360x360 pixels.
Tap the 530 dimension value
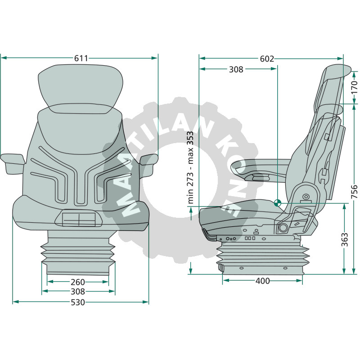pyautogui.click(x=78, y=302)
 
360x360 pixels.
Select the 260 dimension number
pyautogui.click(x=78, y=282)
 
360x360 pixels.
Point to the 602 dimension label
pyautogui.click(x=267, y=58)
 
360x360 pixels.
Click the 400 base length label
pyautogui.click(x=262, y=281)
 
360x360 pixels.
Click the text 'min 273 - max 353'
pyautogui.click(x=191, y=167)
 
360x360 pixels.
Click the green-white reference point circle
pyautogui.click(x=277, y=202)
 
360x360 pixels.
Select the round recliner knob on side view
pyautogui.click(x=283, y=228)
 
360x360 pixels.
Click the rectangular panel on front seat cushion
pyautogui.click(x=79, y=220)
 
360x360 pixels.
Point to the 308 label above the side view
pyautogui.click(x=236, y=69)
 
